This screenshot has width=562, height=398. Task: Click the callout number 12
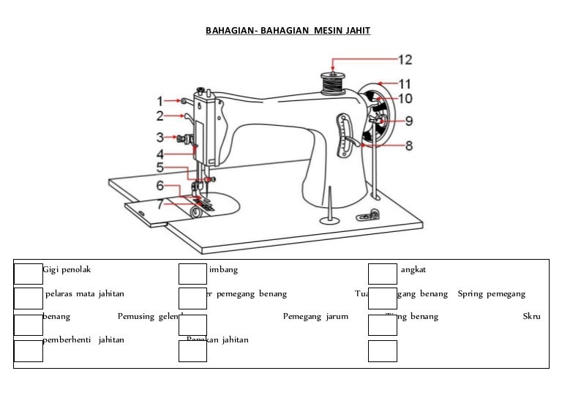point(405,59)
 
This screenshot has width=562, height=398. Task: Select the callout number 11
point(405,83)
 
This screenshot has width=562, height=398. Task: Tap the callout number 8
point(409,146)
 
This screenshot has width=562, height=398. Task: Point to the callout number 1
point(160,100)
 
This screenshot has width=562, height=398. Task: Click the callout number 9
point(409,121)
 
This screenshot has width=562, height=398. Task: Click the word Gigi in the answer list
point(51,270)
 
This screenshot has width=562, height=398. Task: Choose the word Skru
point(531,317)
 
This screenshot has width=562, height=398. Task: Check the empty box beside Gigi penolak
point(28,273)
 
